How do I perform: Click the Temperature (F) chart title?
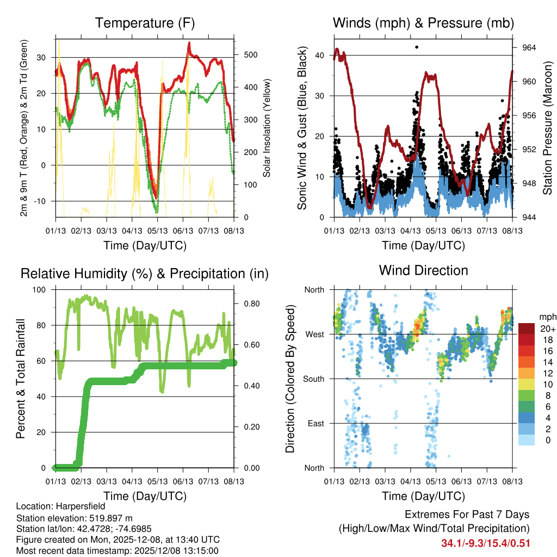point(145,23)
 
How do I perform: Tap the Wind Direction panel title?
point(423,270)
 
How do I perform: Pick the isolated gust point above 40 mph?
point(417,47)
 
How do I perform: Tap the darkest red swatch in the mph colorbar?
point(527,329)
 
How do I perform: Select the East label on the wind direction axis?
point(315,423)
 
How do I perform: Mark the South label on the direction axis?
point(313,379)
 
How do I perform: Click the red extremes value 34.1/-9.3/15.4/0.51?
point(486,543)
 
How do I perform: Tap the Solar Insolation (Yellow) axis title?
point(267,128)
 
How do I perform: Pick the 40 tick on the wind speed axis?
point(321,55)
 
